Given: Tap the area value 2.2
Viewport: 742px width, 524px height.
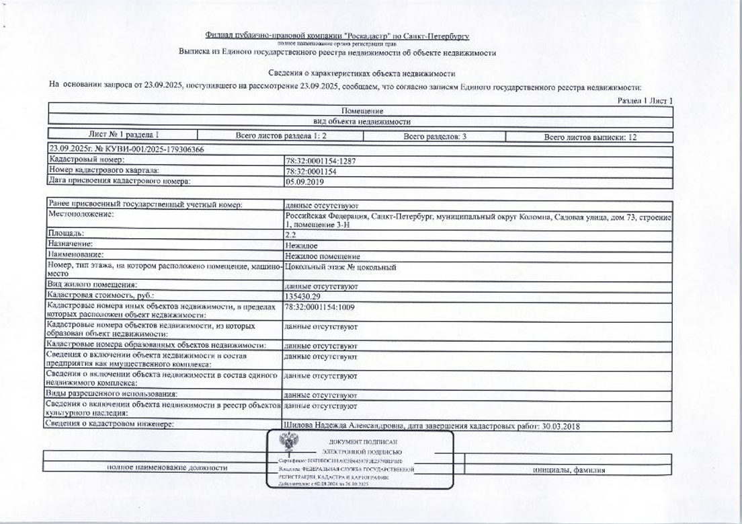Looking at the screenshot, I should [x=290, y=234].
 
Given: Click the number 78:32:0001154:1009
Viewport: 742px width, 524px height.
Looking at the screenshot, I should [x=320, y=307].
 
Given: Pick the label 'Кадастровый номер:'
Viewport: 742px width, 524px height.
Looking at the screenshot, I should [x=87, y=160].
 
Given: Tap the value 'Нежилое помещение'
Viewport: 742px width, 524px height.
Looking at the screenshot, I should [x=323, y=256].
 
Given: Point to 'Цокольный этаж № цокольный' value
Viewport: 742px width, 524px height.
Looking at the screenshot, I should [x=341, y=267].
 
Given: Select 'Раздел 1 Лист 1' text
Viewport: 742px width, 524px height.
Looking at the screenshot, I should [x=645, y=100].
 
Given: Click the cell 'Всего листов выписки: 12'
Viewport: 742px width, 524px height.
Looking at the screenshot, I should [x=590, y=137].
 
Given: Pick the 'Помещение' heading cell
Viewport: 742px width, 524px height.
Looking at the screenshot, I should [x=362, y=111].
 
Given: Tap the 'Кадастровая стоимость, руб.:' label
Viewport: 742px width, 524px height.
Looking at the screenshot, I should [x=101, y=296].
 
